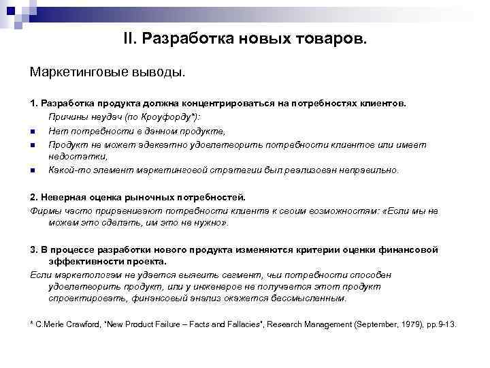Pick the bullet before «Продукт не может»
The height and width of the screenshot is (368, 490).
pyautogui.click(x=32, y=144)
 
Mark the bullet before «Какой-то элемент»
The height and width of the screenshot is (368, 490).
pyautogui.click(x=32, y=170)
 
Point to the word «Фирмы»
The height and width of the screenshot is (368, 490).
pyautogui.click(x=44, y=210)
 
